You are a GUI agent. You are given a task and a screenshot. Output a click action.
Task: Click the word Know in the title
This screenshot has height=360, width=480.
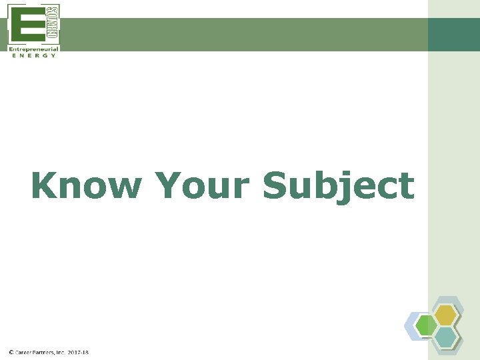[86, 185]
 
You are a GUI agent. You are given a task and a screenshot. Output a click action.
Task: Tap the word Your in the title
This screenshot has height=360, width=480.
[203, 185]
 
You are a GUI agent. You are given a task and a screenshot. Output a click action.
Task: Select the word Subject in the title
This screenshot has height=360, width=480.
[338, 185]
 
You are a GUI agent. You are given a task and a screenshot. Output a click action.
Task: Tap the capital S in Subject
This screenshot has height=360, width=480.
[276, 185]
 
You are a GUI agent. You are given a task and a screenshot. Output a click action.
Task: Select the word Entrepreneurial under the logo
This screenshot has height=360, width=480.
[33, 49]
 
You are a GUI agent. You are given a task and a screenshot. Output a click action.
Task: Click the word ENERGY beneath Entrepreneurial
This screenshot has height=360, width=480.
[33, 55]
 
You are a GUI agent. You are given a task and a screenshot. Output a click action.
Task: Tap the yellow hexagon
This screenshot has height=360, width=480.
[445, 314]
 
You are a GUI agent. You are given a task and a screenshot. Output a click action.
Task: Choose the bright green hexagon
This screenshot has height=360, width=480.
[426, 326]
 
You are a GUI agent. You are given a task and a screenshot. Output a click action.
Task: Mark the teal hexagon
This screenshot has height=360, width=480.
[446, 337]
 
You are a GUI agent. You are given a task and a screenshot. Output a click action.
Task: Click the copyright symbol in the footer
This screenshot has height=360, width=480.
[11, 352]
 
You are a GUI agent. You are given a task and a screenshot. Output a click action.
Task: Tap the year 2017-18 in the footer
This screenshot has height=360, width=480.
[78, 352]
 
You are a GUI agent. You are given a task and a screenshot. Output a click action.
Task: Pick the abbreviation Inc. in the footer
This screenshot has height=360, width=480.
[61, 352]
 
